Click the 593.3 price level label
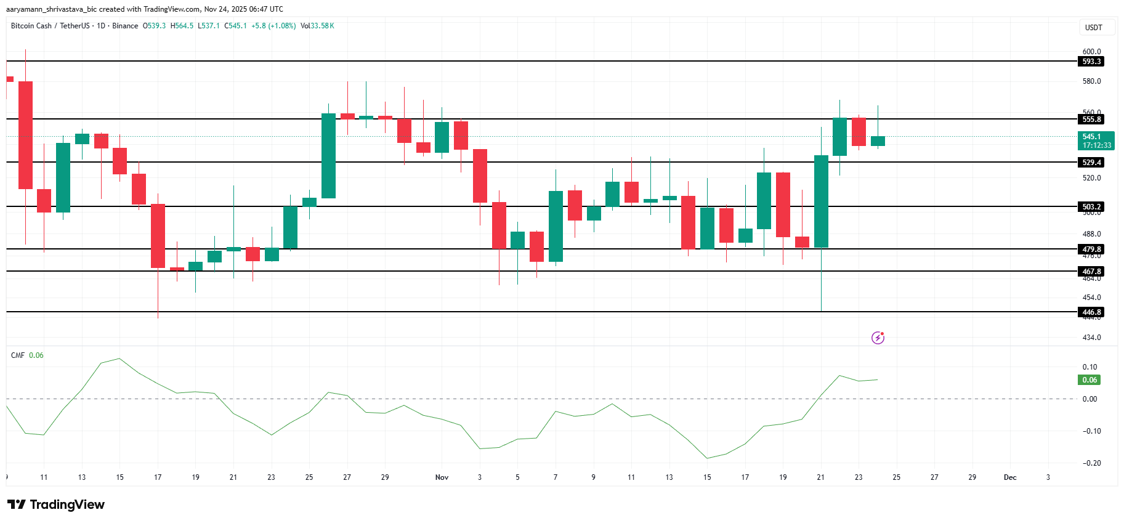click(x=1091, y=62)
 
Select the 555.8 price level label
click(x=1091, y=120)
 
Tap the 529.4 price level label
click(x=1091, y=163)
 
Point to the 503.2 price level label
click(x=1091, y=207)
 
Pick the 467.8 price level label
click(x=1091, y=272)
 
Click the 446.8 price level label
click(x=1091, y=312)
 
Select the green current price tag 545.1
click(x=1096, y=140)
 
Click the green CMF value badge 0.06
click(x=1090, y=380)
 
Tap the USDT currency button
click(x=1093, y=28)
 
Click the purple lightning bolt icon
click(x=878, y=338)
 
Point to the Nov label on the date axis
click(x=442, y=477)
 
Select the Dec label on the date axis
click(x=1010, y=477)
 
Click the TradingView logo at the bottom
click(x=56, y=505)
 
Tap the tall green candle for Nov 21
click(x=821, y=201)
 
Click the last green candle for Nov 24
click(x=878, y=141)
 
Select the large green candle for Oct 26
click(x=328, y=156)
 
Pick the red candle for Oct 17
click(x=158, y=236)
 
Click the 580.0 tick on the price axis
click(x=1091, y=81)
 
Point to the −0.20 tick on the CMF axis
click(x=1091, y=463)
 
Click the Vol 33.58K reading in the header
click(x=317, y=26)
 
